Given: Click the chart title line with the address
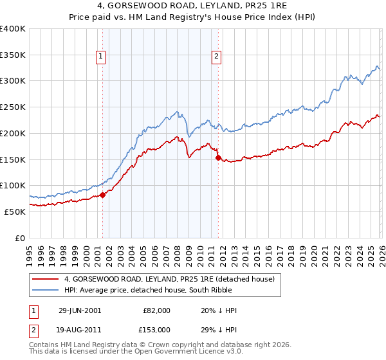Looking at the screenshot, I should coord(192,6).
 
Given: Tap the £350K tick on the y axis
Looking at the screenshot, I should coord(13,55).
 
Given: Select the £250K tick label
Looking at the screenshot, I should coord(13,107).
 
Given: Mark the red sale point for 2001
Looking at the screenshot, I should coord(103,195).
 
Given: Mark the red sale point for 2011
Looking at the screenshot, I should coord(218,157).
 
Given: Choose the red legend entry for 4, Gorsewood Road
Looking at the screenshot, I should coord(169,279).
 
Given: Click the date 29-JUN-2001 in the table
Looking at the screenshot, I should coord(80,310).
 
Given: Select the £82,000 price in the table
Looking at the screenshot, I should coord(157,310).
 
